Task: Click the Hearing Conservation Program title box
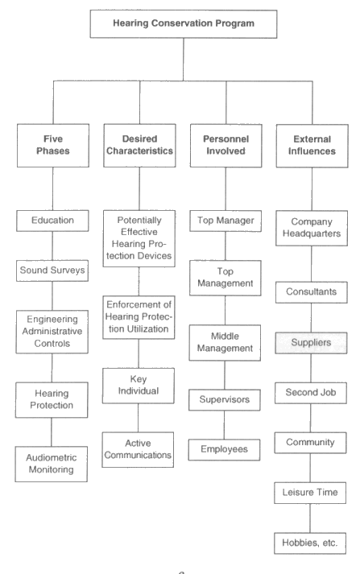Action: [184, 24]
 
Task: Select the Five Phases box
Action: [53, 146]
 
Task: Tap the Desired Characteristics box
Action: [139, 146]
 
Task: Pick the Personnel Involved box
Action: [226, 146]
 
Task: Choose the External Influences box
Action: [312, 146]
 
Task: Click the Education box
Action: [52, 221]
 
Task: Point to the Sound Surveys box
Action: [52, 270]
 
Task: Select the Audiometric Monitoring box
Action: [52, 465]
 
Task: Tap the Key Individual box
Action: [139, 386]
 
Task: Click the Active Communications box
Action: [138, 450]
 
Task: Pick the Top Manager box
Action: [226, 221]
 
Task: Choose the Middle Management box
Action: [225, 343]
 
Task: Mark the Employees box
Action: [224, 450]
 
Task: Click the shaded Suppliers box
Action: [312, 343]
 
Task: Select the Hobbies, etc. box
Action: [310, 543]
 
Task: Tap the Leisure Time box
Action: [310, 493]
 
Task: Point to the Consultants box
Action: [312, 292]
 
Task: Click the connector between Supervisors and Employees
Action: [225, 425]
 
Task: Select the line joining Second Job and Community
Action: [311, 418]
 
